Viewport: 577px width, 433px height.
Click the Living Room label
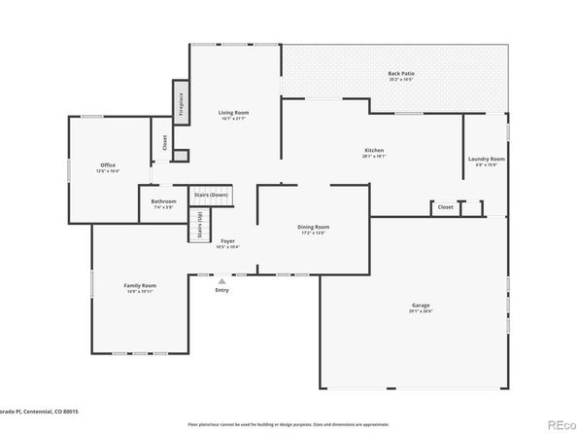[233, 114]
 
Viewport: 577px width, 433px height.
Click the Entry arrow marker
[221, 281]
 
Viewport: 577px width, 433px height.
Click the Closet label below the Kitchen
[445, 207]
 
